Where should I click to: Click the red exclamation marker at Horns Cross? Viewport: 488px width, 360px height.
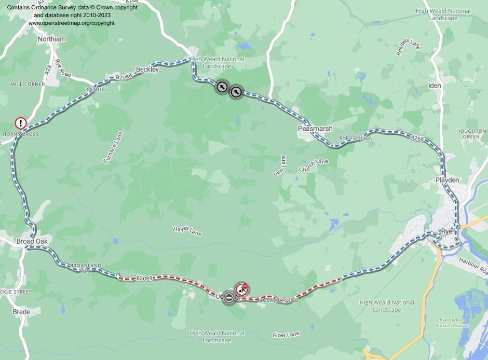[x=20, y=123]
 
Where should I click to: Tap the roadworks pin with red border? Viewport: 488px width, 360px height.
[x=242, y=289]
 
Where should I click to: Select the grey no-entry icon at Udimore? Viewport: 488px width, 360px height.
[x=228, y=297]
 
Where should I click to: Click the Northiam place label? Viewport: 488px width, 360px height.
[x=52, y=39]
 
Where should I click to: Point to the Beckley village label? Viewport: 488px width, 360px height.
[x=147, y=70]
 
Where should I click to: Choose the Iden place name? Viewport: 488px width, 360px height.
[x=435, y=85]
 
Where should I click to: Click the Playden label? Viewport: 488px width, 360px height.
[x=447, y=179]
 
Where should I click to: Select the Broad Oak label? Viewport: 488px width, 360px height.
[x=32, y=241]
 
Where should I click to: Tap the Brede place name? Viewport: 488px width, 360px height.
[x=21, y=312]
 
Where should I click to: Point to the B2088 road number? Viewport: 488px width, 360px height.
[x=125, y=77]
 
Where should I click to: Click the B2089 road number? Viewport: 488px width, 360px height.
[x=145, y=279]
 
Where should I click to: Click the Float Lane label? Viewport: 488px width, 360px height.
[x=286, y=335]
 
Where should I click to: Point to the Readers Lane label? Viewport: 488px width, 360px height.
[x=408, y=47]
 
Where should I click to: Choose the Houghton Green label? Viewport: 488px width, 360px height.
[x=471, y=134]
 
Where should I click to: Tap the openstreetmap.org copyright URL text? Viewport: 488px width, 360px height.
[x=71, y=23]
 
